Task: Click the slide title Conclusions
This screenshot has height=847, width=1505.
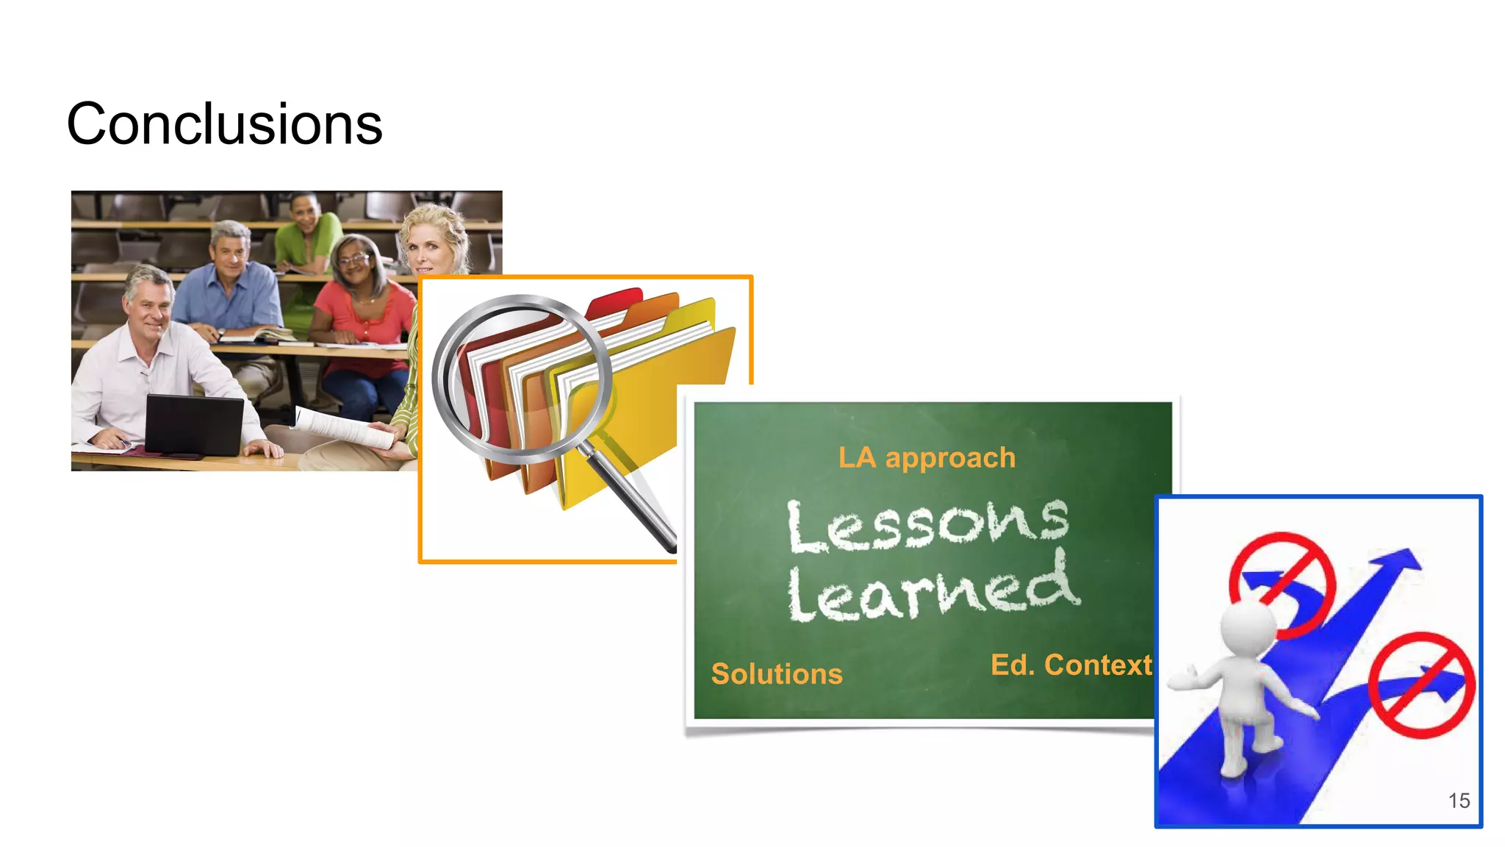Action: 224,124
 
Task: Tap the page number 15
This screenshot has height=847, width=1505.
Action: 1459,801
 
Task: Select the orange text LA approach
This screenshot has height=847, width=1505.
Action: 927,458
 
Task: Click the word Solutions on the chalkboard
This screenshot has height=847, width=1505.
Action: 777,674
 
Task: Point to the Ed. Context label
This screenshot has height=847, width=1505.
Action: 1071,665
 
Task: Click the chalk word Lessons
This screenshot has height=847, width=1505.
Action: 927,525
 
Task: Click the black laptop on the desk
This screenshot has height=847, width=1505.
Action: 194,425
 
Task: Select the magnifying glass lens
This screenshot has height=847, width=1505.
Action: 522,379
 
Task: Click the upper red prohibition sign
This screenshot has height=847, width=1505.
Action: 1282,585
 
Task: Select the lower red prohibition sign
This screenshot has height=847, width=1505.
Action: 1421,685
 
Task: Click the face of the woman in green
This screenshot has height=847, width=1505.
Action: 305,214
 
